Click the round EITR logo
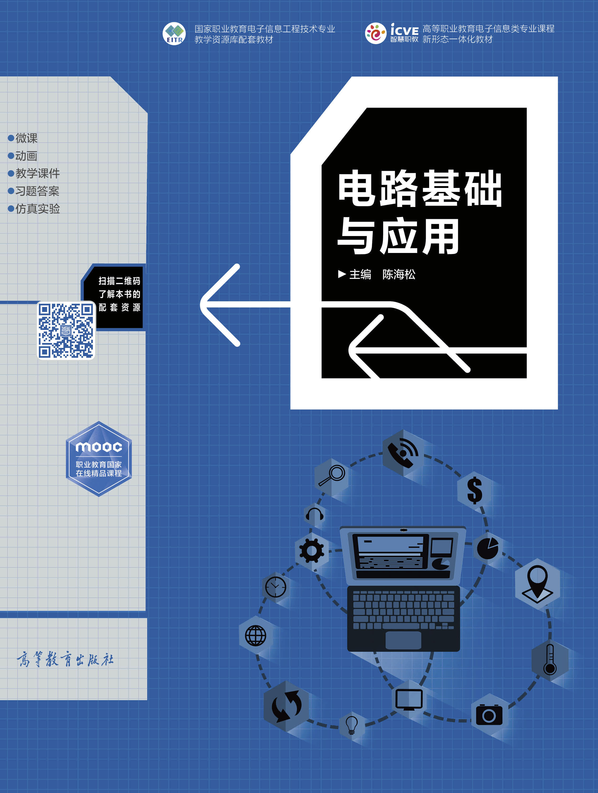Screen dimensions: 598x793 pyautogui.click(x=174, y=34)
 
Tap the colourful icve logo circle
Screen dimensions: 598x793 pyautogui.click(x=376, y=33)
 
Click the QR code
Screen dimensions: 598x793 pyautogui.click(x=66, y=330)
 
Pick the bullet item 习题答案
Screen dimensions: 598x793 pyautogui.click(x=34, y=191)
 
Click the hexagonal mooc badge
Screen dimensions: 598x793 pyautogui.click(x=99, y=459)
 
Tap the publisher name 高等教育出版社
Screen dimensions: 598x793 pyautogui.click(x=65, y=659)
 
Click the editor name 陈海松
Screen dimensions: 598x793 pyautogui.click(x=399, y=274)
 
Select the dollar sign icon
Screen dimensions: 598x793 pyautogui.click(x=475, y=490)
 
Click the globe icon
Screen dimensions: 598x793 pyautogui.click(x=256, y=636)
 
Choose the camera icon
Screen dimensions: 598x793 pyautogui.click(x=489, y=714)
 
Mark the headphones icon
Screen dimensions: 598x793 pyautogui.click(x=314, y=515)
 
